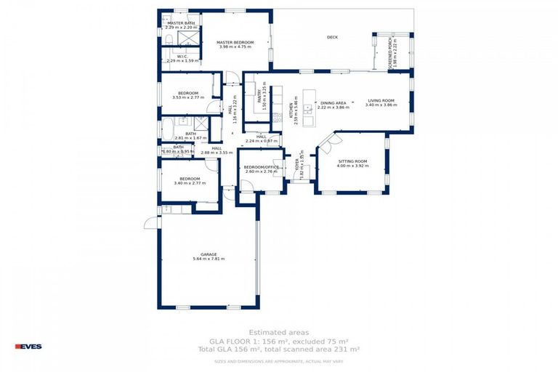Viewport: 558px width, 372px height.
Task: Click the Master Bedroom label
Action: [236, 42]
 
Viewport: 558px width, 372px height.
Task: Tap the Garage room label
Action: [209, 254]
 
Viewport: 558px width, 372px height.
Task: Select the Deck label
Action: [332, 37]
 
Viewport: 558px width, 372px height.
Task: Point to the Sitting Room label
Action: [352, 161]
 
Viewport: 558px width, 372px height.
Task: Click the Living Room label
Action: [380, 100]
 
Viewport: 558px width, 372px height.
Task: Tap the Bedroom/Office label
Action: [261, 167]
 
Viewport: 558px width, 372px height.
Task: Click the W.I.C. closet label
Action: [183, 56]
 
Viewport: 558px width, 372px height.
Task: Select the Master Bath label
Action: [181, 23]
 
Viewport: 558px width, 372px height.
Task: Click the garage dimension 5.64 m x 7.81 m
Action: [209, 259]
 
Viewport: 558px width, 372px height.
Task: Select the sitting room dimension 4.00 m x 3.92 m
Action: [352, 166]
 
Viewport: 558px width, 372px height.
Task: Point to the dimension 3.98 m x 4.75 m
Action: [236, 47]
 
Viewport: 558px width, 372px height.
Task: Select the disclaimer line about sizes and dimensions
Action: [279, 360]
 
